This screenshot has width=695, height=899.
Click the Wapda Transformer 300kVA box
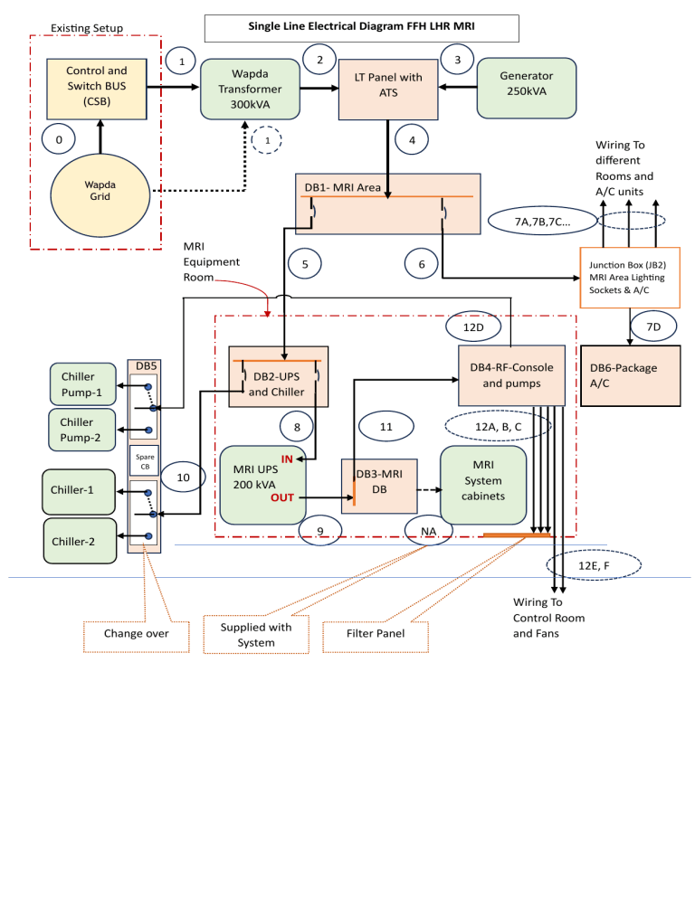point(250,90)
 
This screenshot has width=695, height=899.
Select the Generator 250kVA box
point(526,89)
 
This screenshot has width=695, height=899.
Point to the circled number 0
point(59,139)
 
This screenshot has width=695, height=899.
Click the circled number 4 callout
point(412,140)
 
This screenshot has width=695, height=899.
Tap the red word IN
point(286,459)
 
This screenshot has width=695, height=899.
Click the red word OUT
point(281,497)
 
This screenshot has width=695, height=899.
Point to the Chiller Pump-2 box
point(82,430)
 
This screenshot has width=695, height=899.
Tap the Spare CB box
point(145,460)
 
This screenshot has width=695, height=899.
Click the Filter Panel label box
point(377,634)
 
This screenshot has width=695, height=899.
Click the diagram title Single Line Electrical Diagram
point(362,28)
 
